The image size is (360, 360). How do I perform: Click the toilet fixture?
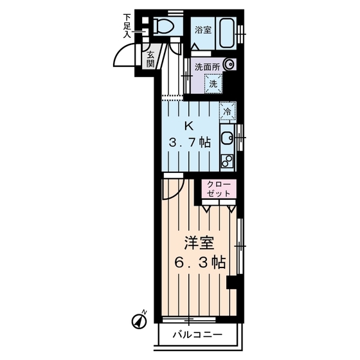(166, 26)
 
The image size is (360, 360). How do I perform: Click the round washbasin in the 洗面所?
(230, 64)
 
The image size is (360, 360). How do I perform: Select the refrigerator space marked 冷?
(226, 111)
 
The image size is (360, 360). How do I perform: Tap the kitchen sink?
(227, 136)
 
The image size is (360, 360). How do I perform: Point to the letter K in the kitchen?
(189, 125)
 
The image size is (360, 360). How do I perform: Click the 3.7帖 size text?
(189, 143)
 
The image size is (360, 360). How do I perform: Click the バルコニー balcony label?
(197, 334)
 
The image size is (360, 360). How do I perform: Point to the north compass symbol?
(139, 318)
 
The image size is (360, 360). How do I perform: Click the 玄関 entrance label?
(149, 59)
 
